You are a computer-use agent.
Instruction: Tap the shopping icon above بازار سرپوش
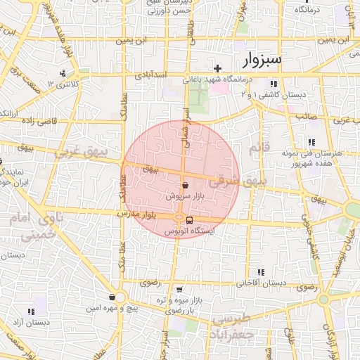coord(185,186)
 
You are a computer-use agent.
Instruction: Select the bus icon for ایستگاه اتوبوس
coord(190,221)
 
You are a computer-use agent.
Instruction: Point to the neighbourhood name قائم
coord(259,148)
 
